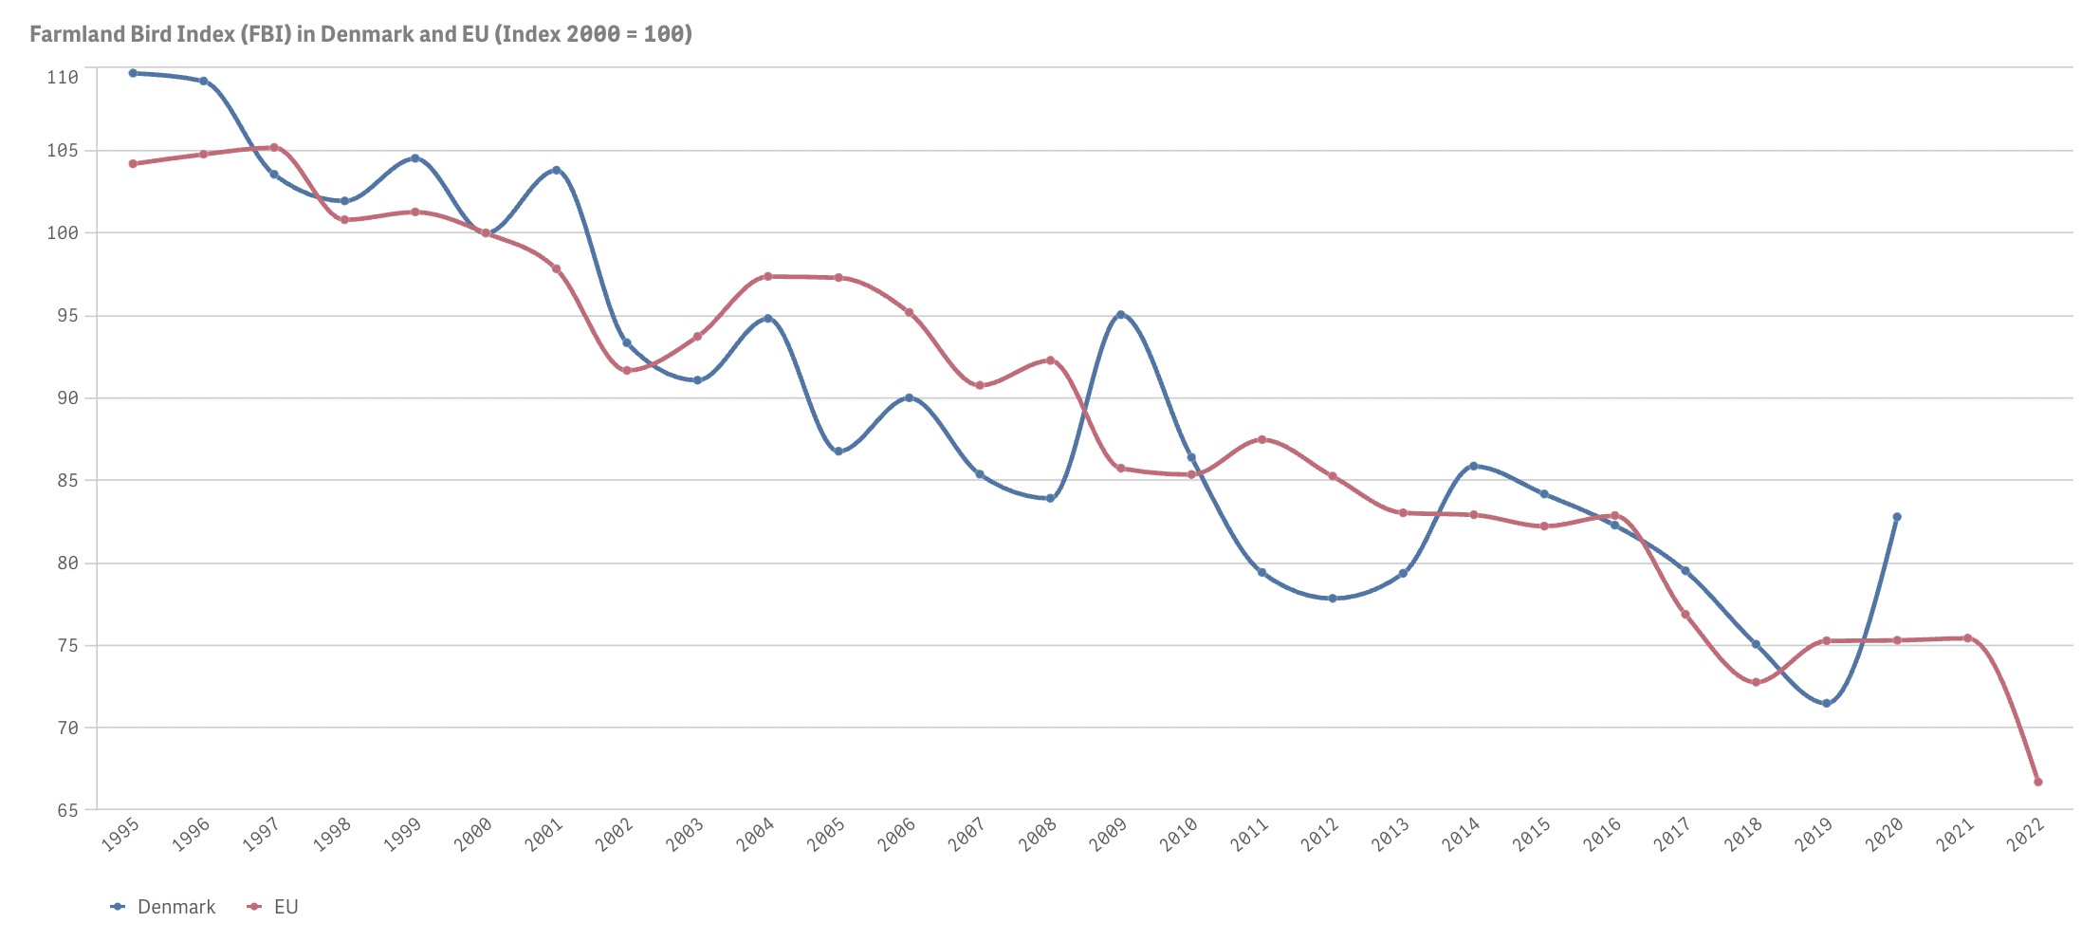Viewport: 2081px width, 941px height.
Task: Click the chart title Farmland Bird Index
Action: [x=360, y=34]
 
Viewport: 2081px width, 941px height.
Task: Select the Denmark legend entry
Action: [x=175, y=907]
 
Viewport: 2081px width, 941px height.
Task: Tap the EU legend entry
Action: [x=285, y=907]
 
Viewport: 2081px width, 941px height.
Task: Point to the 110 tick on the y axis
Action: [x=63, y=77]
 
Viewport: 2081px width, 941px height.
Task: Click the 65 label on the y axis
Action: [x=66, y=810]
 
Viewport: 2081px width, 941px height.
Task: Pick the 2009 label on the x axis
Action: [x=1107, y=834]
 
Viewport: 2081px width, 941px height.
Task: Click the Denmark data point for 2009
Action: [x=1121, y=314]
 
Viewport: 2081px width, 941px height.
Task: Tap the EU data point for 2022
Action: [x=2038, y=782]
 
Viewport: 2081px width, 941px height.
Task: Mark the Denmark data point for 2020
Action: [x=1897, y=517]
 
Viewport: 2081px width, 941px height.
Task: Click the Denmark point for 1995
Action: [x=133, y=73]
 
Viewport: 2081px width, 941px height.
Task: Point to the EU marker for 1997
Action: [x=274, y=147]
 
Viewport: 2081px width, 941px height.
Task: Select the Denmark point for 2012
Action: [x=1333, y=599]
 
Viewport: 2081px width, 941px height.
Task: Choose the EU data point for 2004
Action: [x=768, y=277]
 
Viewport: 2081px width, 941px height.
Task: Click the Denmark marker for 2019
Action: [x=1827, y=703]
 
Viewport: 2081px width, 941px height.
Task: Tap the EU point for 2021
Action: [x=1967, y=638]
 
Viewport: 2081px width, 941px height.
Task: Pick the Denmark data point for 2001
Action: [x=556, y=170]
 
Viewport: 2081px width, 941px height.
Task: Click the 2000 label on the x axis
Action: [x=472, y=834]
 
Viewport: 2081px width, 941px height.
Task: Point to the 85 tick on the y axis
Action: [x=66, y=480]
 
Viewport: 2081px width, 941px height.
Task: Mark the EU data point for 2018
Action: [x=1756, y=682]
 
